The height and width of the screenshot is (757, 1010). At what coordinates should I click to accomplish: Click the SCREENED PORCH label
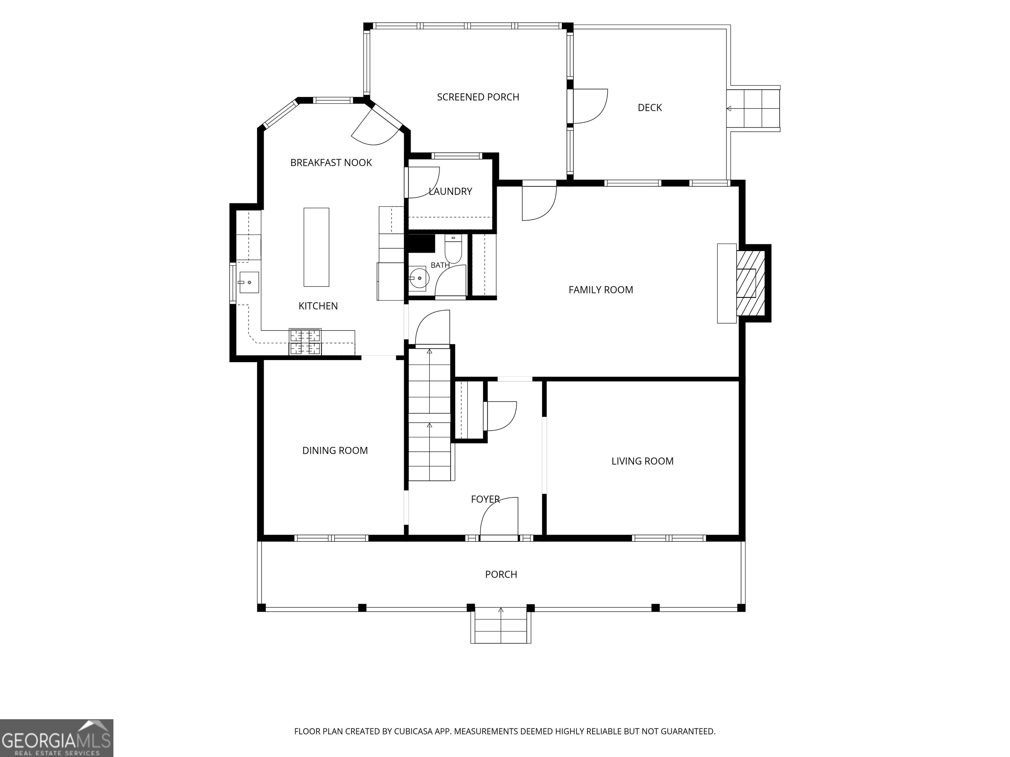[x=478, y=97]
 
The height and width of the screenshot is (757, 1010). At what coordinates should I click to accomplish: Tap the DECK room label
[x=650, y=108]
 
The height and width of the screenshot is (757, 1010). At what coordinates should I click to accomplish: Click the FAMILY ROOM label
[x=601, y=290]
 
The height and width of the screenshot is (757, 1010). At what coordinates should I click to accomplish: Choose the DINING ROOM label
[x=335, y=451]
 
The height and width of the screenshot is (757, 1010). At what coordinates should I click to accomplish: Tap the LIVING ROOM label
[x=642, y=461]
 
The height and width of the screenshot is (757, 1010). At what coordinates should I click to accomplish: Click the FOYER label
[x=485, y=500]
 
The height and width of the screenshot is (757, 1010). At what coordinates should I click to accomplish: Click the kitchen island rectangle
[x=316, y=247]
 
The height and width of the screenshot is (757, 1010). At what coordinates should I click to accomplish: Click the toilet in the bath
[x=453, y=249]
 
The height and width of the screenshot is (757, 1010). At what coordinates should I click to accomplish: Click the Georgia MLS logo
[x=57, y=738]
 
